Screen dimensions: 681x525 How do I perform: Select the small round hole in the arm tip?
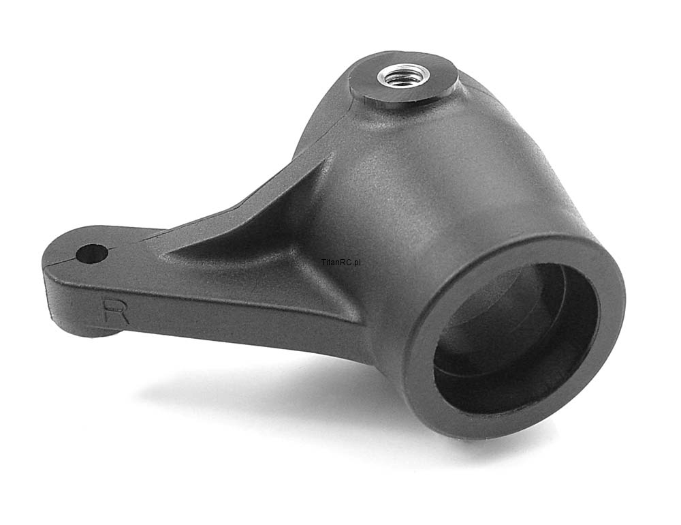pos(92,254)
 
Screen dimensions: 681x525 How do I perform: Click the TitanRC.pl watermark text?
pos(341,262)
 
